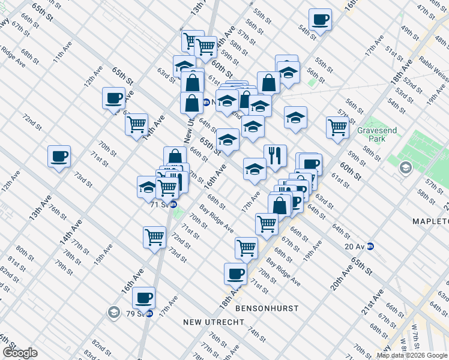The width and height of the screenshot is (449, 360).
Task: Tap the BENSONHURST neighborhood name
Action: point(267,308)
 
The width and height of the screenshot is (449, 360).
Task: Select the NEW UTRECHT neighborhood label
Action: point(213,322)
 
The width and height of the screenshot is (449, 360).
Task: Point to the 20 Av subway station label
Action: point(359,245)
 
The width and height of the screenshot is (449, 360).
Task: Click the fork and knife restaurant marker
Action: point(275,155)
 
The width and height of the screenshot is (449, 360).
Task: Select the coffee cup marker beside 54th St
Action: point(320,19)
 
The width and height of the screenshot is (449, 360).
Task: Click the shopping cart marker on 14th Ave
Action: point(137,124)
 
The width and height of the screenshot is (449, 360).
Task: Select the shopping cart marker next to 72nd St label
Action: point(155,236)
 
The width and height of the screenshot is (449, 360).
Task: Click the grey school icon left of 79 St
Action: point(113,313)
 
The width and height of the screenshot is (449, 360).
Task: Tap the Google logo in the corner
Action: point(20,353)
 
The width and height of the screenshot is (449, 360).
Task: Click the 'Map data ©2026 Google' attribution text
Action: point(412,355)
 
